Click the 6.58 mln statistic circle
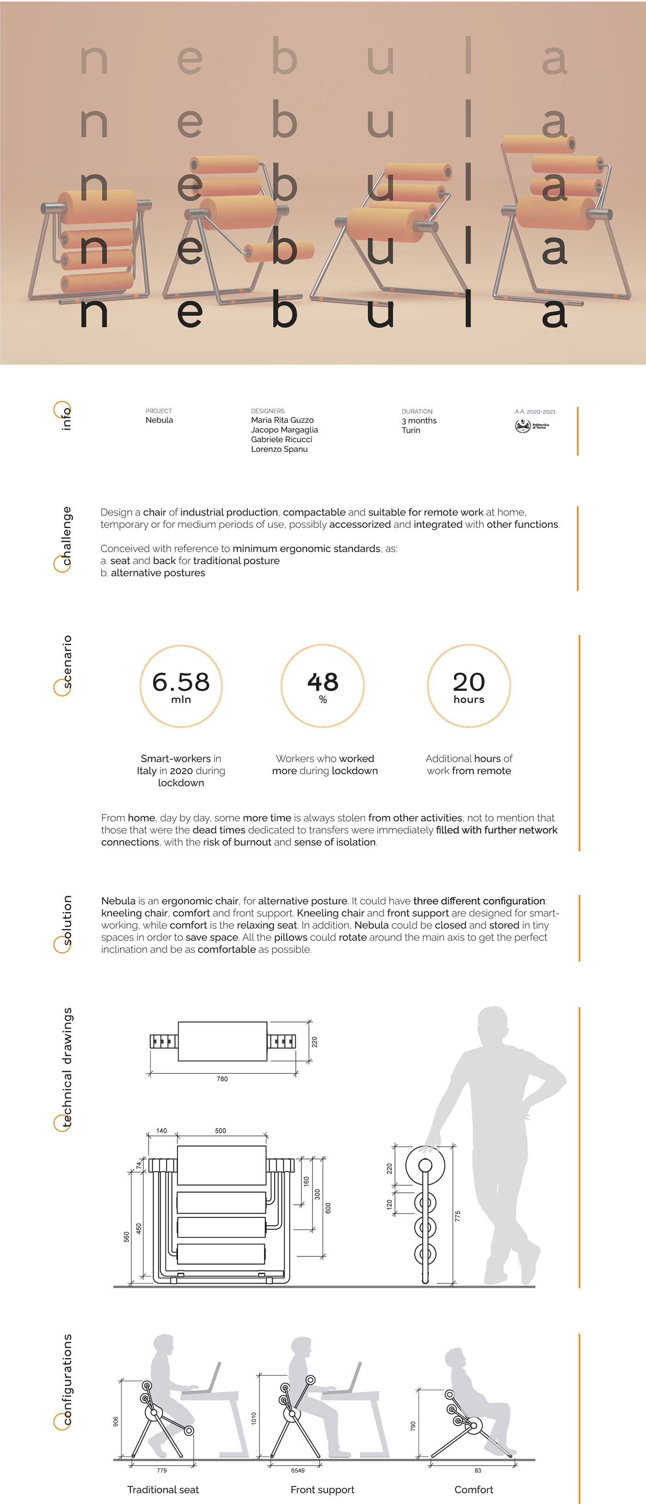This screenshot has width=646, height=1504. point(181,686)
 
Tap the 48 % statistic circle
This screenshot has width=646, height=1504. point(323,686)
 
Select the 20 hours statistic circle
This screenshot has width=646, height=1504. point(468,686)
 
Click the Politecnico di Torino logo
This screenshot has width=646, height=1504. point(532,426)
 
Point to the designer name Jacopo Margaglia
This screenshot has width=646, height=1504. point(284,430)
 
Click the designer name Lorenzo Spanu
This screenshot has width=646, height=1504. point(279,449)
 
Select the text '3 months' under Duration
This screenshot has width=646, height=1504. point(419,420)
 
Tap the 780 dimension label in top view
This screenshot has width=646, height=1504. point(222,1079)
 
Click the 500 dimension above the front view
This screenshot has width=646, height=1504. point(220,1131)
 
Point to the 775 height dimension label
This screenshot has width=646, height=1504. point(457,1216)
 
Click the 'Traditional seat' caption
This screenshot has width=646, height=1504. point(163,1489)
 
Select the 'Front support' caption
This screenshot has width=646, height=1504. point(323,1489)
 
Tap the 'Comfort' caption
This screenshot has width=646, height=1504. point(474,1489)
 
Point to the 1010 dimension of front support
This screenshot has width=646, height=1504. point(253,1418)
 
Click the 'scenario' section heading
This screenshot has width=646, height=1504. point(67,662)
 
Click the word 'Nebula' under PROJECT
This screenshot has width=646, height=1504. point(159,420)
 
